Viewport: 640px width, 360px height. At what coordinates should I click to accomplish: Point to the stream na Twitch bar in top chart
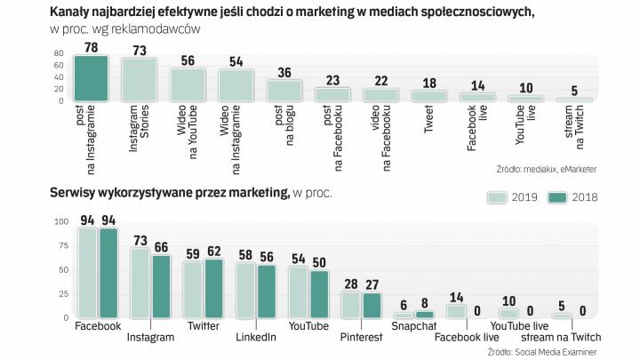[573, 100]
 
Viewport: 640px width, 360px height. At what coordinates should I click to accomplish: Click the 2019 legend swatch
[496, 197]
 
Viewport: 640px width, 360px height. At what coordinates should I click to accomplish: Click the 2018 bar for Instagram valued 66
[161, 286]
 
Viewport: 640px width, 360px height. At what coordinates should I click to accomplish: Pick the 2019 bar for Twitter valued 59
[191, 290]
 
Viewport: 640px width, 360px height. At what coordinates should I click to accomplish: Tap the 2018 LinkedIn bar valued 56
[266, 291]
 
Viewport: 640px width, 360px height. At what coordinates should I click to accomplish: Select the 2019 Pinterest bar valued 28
[350, 304]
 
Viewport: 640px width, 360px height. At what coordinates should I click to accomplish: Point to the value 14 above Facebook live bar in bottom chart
[455, 299]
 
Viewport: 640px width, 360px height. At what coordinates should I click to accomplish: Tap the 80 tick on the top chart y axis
[59, 53]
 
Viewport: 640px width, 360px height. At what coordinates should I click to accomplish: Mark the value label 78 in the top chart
[91, 45]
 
